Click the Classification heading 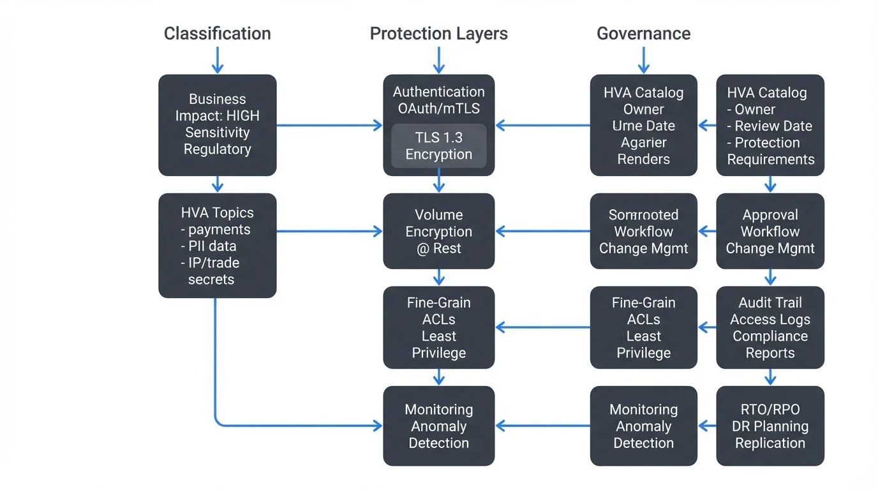click(x=217, y=34)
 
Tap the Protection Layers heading click(x=438, y=34)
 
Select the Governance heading click(x=643, y=34)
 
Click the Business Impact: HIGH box click(x=217, y=125)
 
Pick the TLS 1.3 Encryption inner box click(x=438, y=146)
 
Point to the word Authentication click(x=438, y=92)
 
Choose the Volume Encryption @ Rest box click(x=438, y=231)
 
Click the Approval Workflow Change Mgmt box click(x=770, y=231)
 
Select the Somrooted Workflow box click(x=643, y=231)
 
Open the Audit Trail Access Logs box click(x=770, y=327)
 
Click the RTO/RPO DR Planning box click(x=770, y=426)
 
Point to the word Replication click(x=770, y=443)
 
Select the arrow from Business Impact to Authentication click(x=329, y=126)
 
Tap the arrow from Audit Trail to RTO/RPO click(x=770, y=377)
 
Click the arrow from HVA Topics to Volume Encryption click(x=329, y=231)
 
